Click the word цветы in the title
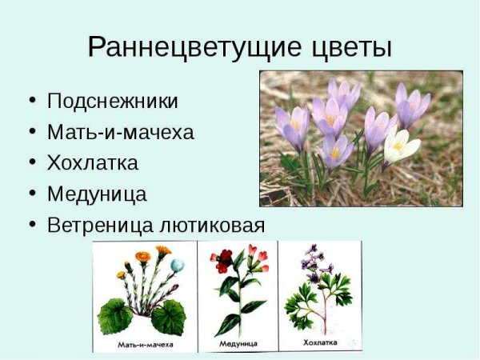348,47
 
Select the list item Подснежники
112,102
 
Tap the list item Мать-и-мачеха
120,133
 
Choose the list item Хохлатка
93,163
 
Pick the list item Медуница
97,194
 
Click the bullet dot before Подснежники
32,102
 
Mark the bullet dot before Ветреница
32,225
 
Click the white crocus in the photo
400,146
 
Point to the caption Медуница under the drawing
239,345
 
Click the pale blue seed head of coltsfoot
177,266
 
